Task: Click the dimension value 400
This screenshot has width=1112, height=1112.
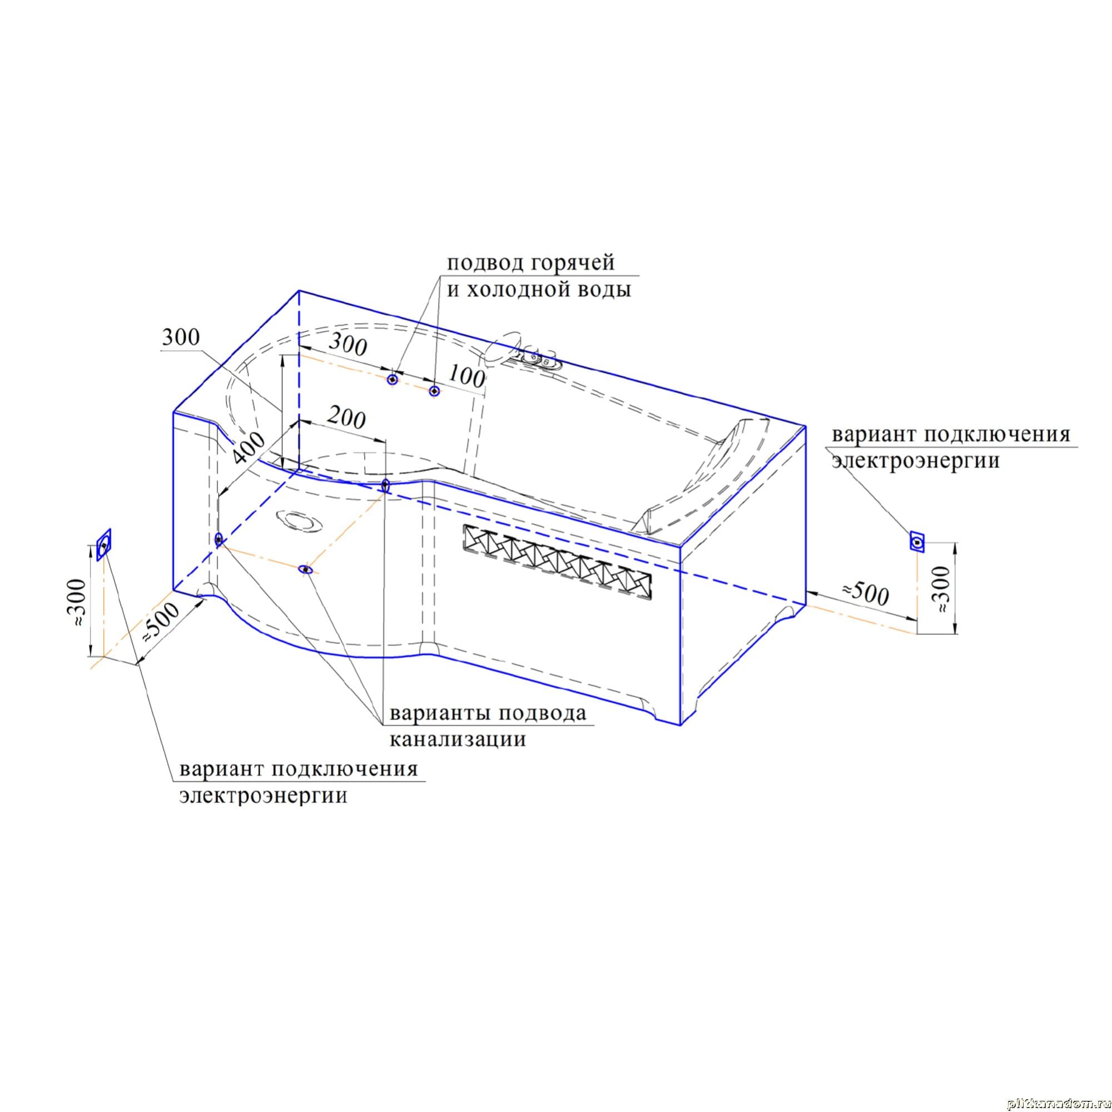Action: [249, 448]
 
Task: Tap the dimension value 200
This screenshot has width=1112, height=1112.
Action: [347, 419]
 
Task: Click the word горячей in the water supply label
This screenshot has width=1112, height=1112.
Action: [572, 264]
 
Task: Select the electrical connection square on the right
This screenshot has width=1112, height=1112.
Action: [917, 542]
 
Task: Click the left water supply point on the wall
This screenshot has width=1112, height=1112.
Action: [392, 380]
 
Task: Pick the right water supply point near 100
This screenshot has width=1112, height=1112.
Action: [434, 391]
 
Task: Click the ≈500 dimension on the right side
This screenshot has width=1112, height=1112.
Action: [866, 593]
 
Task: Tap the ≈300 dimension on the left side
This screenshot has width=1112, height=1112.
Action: [77, 603]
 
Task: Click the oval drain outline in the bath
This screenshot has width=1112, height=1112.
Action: [299, 522]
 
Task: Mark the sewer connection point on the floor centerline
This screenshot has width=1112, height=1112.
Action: [306, 570]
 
